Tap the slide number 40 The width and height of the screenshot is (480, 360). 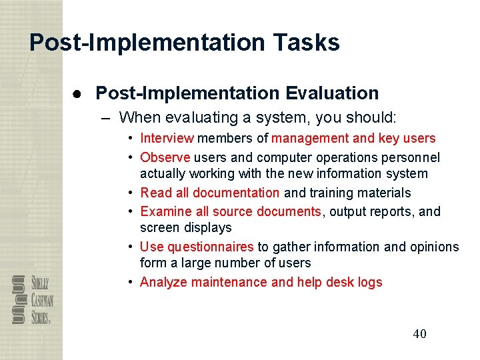pos(419,334)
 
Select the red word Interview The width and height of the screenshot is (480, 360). pos(167,139)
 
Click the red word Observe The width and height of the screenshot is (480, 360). pos(165,157)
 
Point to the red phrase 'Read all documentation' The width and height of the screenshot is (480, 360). pos(210,193)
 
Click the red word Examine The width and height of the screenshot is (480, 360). pos(163,211)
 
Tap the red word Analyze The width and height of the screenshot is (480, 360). pos(165,282)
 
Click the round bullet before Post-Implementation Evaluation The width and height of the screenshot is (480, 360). pos(77,94)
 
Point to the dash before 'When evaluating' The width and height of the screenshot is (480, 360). pos(106,118)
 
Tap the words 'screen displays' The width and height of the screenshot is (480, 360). pos(185,228)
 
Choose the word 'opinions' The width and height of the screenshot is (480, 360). pos(435,247)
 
